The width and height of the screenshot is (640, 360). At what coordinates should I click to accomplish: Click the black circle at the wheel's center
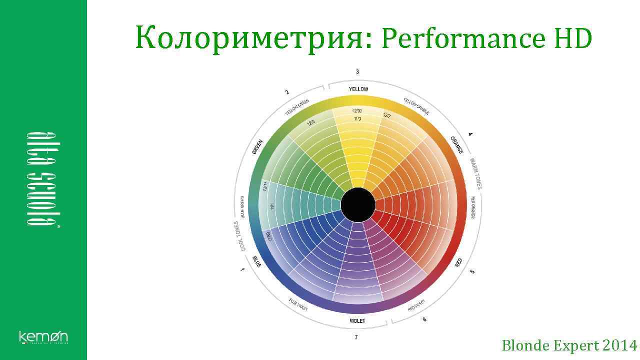[358, 205]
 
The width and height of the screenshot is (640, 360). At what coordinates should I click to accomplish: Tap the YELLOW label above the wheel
[358, 89]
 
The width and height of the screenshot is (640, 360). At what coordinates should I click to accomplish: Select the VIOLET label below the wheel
[357, 320]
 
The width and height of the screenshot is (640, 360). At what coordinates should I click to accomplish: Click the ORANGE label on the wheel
[457, 145]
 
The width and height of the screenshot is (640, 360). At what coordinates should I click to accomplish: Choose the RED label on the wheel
[459, 262]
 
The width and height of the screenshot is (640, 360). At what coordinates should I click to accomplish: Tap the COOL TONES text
[239, 236]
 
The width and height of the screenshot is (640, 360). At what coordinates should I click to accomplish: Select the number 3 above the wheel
[357, 72]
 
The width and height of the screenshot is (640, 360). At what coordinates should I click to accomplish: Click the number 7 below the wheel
[356, 337]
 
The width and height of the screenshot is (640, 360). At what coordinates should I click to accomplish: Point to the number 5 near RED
[472, 271]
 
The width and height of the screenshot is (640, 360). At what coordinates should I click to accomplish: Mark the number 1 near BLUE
[243, 270]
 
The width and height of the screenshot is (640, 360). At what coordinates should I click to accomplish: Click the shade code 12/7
[387, 116]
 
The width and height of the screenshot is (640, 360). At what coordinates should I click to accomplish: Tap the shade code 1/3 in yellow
[357, 118]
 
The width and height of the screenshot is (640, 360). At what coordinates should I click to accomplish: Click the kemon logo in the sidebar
[43, 337]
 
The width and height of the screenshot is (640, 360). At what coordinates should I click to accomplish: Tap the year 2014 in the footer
[620, 345]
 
